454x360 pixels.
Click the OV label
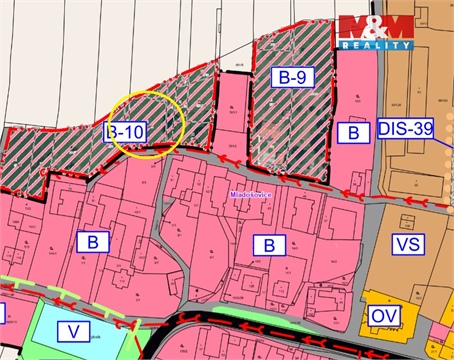pyautogui.click(x=381, y=315)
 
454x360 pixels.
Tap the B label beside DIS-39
pyautogui.click(x=352, y=131)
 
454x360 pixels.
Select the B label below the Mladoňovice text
pyautogui.click(x=268, y=244)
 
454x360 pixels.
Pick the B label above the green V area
pyautogui.click(x=93, y=241)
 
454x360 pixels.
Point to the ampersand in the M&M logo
pyautogui.click(x=375, y=28)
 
